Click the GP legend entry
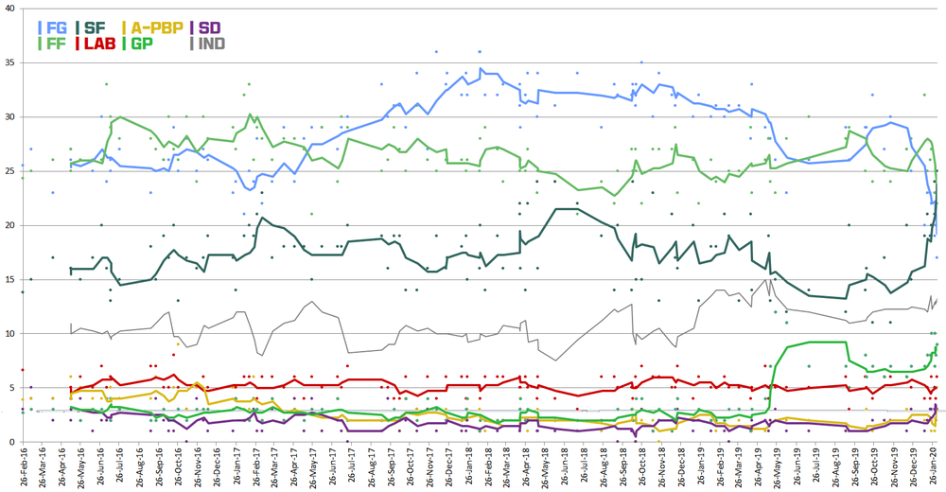[x=141, y=44]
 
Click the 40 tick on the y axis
[x=9, y=9]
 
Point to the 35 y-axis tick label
[x=9, y=62]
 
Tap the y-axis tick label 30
[x=9, y=117]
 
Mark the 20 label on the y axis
[x=9, y=225]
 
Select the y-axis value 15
[x=9, y=279]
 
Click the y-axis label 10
[x=9, y=333]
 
